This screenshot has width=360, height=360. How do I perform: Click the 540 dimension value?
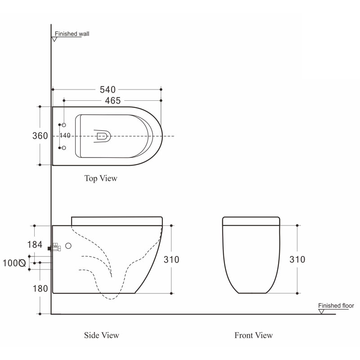pyautogui.click(x=108, y=90)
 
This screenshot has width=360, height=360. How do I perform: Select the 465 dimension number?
pyautogui.click(x=113, y=100)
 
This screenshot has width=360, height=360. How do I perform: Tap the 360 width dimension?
pyautogui.click(x=40, y=136)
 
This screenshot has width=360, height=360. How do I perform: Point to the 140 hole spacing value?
pyautogui.click(x=65, y=135)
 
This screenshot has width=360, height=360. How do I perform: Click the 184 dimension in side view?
pyautogui.click(x=35, y=244)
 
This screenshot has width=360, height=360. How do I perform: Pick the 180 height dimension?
pyautogui.click(x=40, y=288)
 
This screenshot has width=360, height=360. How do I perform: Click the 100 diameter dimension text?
pyautogui.click(x=14, y=263)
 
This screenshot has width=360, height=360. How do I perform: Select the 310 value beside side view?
pyautogui.click(x=171, y=260)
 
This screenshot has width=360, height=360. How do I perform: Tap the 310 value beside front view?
pyautogui.click(x=297, y=260)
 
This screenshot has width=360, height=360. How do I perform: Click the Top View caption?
pyautogui.click(x=101, y=178)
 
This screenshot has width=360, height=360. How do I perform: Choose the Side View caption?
pyautogui.click(x=102, y=335)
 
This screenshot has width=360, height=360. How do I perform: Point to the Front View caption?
pyautogui.click(x=253, y=335)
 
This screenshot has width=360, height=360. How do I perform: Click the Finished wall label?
pyautogui.click(x=72, y=34)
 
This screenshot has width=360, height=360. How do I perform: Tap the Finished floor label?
pyautogui.click(x=336, y=306)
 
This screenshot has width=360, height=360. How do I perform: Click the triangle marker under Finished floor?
pyautogui.click(x=321, y=311)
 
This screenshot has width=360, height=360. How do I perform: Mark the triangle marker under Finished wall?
pyautogui.click(x=54, y=39)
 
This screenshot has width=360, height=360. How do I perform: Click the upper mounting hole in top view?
pyautogui.click(x=64, y=125)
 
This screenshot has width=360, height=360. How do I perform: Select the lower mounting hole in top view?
pyautogui.click(x=64, y=148)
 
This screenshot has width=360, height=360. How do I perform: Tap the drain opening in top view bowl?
pyautogui.click(x=102, y=136)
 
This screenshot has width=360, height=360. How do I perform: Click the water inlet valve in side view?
pyautogui.click(x=54, y=247)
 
